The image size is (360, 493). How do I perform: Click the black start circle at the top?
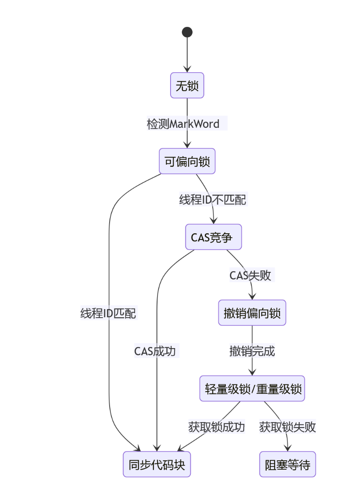tap(187, 32)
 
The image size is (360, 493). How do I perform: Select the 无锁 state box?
tap(187, 85)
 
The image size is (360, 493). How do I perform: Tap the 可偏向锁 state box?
tap(187, 161)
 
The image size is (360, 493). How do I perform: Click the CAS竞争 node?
tap(213, 237)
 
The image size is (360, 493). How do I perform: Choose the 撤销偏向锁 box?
tap(252, 313)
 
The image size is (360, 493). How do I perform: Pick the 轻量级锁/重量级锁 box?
tap(252, 388)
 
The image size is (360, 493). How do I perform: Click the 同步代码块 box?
tap(157, 464)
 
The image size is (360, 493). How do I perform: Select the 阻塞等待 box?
tap(287, 464)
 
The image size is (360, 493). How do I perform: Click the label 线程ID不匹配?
tap(213, 200)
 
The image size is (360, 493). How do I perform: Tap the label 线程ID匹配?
tap(108, 313)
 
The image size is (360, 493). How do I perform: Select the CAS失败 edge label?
tap(250, 275)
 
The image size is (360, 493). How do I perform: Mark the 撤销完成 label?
tap(252, 351)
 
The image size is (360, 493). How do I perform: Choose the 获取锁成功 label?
tap(216, 427)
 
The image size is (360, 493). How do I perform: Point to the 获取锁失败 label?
tap(287, 427)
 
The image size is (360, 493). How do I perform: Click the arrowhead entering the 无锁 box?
tap(187, 70)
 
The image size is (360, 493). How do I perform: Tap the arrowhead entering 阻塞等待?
tap(288, 448)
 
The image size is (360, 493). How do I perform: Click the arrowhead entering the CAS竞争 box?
tap(214, 221)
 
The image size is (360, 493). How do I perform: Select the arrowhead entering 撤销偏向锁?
tap(252, 297)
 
